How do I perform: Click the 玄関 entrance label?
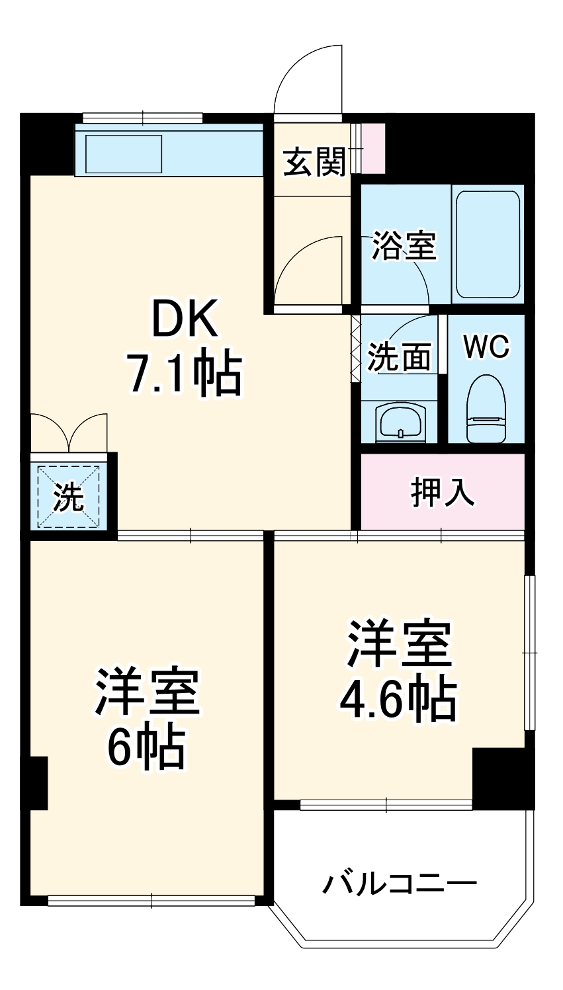tap(315, 162)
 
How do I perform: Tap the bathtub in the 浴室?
tap(488, 245)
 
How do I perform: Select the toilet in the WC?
tap(486, 410)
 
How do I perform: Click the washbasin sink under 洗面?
tap(400, 422)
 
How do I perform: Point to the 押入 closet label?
tap(443, 492)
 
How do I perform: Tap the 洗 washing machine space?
tap(69, 497)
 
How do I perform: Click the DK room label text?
tap(185, 319)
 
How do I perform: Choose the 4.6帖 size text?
tap(398, 699)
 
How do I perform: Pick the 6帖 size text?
tap(146, 748)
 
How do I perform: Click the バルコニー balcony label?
tap(400, 884)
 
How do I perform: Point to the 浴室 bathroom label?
tap(404, 245)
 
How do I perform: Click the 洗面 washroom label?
tap(400, 358)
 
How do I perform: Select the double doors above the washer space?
tap(69, 433)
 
